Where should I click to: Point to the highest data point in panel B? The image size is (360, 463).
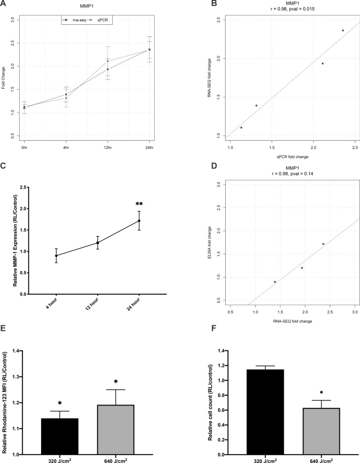click(343, 30)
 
